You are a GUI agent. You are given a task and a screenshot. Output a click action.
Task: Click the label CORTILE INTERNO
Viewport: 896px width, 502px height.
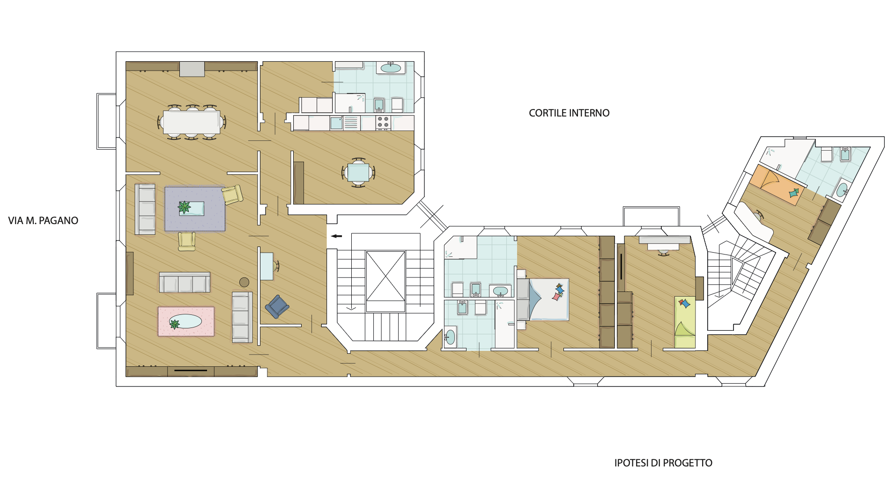tap(569, 113)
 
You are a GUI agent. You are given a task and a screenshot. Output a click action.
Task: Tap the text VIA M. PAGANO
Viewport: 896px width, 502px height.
tap(43, 221)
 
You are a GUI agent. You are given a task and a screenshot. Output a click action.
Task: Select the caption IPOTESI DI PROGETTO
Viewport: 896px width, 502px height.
tap(663, 463)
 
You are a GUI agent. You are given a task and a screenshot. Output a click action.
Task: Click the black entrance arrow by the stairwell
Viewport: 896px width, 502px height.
tap(336, 236)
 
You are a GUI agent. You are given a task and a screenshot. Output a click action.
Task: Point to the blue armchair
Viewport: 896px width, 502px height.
tap(277, 306)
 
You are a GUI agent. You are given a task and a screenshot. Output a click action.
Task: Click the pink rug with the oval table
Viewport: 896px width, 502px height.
tap(186, 321)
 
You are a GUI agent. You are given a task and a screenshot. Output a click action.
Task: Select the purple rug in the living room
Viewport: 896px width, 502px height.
tap(194, 209)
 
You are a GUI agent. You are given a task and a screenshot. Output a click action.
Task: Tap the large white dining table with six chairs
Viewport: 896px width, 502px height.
tap(192, 122)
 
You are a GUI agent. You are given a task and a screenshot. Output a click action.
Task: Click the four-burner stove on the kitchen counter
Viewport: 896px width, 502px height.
tap(383, 122)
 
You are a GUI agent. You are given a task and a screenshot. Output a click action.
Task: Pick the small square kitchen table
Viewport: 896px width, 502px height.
tap(358, 173)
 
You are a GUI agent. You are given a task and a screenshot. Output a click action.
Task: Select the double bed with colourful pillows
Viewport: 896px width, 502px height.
tap(543, 299)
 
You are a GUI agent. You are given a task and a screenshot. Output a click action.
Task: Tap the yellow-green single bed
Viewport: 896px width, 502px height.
tap(685, 322)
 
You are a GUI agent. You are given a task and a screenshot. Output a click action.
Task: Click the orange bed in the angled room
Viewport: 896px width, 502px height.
tap(777, 184)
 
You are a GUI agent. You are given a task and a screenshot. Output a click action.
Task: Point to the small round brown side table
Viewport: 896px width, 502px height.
tap(244, 282)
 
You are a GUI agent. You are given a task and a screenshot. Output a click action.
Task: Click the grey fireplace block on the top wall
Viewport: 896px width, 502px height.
tap(192, 69)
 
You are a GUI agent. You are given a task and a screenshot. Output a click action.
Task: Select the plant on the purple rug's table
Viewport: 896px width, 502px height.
tap(185, 206)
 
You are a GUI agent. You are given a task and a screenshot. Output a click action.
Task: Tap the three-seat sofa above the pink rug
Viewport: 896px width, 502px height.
tap(185, 283)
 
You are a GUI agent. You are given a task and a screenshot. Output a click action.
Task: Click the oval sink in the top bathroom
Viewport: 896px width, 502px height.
tap(391, 68)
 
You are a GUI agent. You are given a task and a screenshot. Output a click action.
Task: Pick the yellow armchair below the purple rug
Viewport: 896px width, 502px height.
tap(186, 241)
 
